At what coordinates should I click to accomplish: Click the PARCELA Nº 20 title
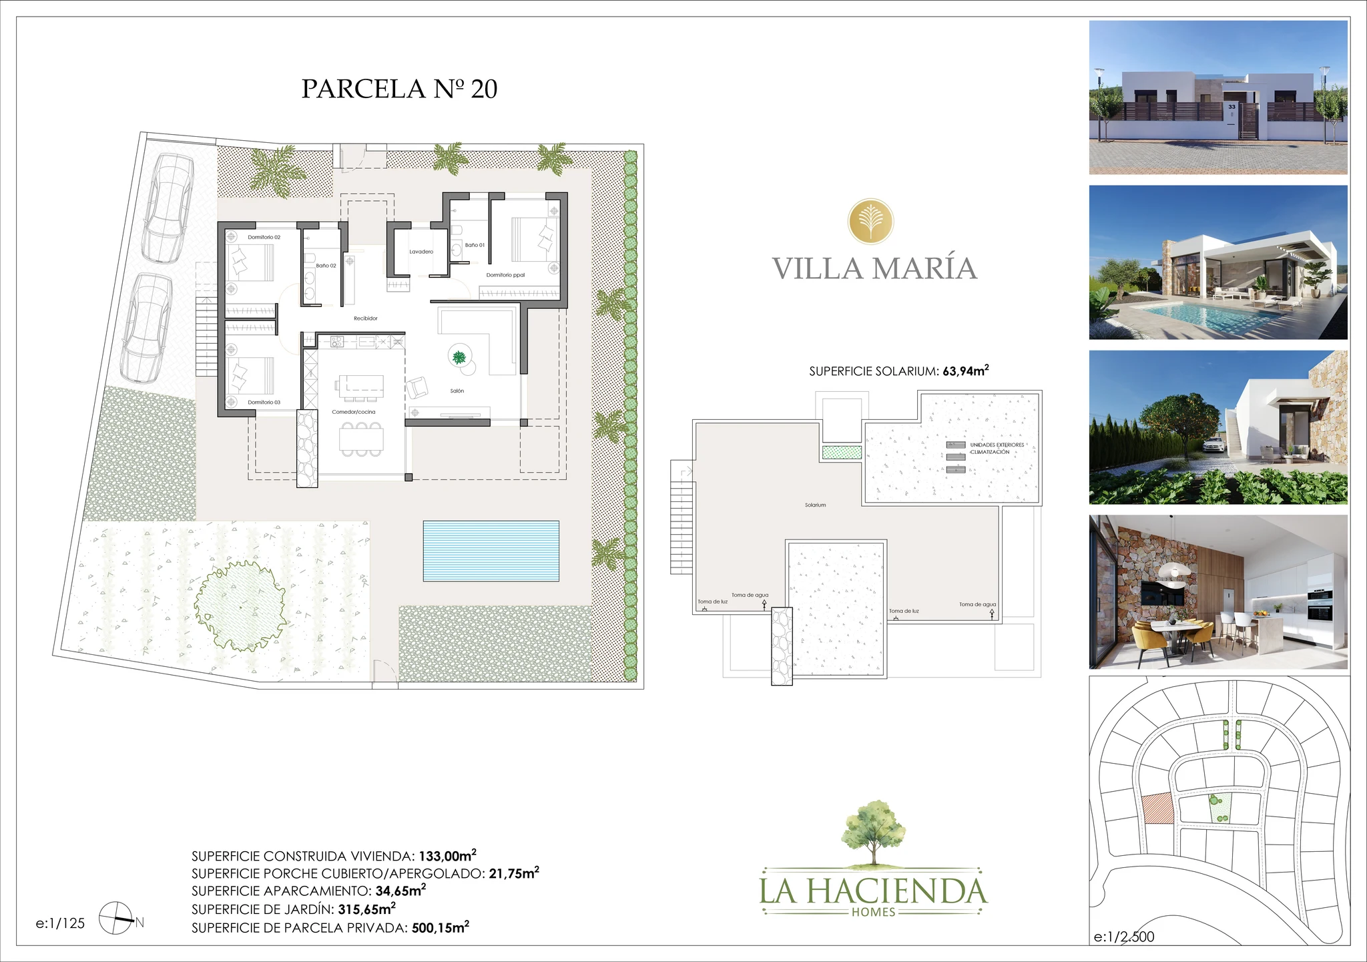point(399,89)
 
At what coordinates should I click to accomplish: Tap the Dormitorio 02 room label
point(264,237)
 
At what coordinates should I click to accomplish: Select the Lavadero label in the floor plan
point(421,252)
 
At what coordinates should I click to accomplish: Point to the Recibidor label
point(366,318)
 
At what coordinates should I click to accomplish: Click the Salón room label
point(457,391)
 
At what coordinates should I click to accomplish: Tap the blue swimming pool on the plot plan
point(491,551)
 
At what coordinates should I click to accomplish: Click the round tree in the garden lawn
point(240,606)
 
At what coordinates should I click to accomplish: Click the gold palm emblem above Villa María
point(871,222)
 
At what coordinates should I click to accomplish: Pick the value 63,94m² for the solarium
point(965,371)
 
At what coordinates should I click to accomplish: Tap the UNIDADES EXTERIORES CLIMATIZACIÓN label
point(996,448)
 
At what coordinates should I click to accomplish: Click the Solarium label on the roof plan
point(815,505)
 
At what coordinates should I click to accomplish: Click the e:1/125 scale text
point(60,923)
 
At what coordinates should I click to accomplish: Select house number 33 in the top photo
point(1232,107)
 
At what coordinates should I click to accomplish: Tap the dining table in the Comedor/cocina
point(361,439)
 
